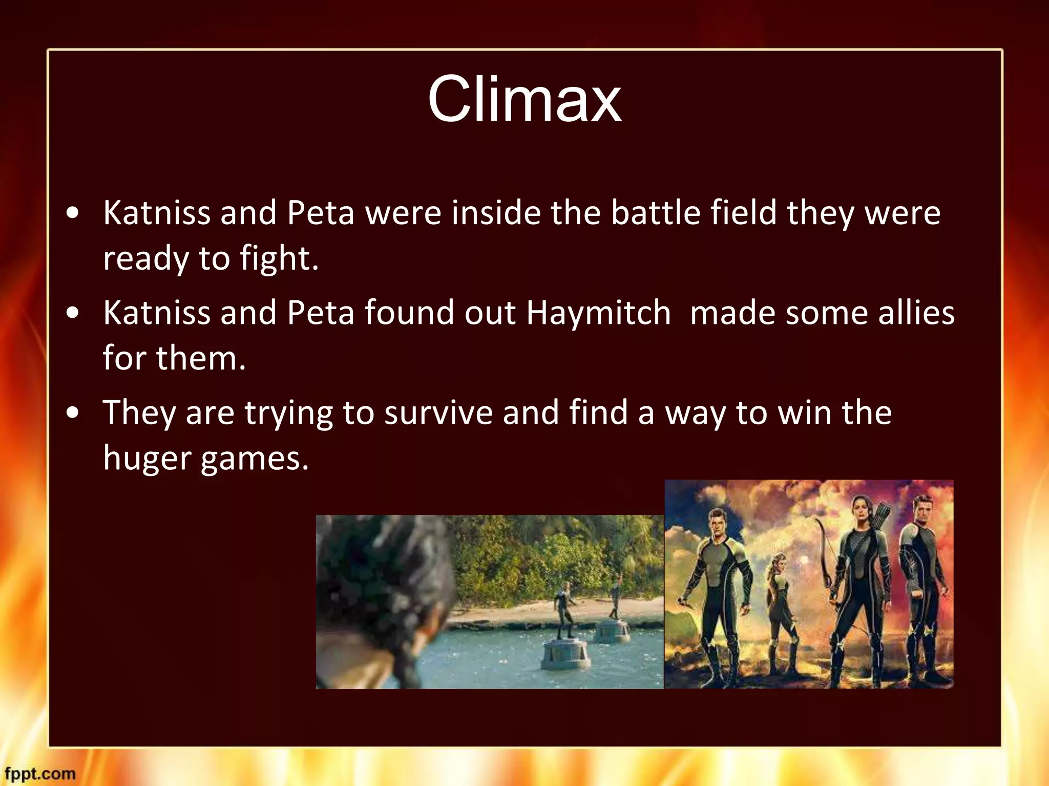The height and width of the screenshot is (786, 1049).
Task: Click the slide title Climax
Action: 524,99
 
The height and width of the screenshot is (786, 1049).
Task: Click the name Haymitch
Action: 598,313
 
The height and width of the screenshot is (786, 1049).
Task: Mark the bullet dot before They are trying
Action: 73,412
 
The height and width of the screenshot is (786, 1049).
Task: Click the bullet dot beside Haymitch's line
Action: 73,313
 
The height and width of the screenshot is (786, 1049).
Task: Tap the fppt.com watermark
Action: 40,774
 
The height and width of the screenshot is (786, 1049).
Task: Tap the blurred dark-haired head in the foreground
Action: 384,588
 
